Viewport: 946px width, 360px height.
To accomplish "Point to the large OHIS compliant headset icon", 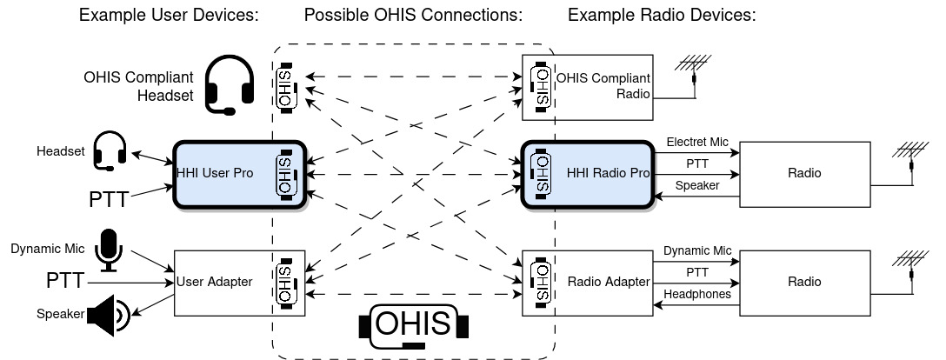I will tap(230, 85).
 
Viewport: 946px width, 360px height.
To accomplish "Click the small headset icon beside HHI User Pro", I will tap(110, 150).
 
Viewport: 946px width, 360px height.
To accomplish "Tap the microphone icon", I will tap(109, 250).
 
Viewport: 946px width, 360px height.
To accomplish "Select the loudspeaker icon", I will tap(109, 316).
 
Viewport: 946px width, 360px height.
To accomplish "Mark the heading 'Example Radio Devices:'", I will tap(662, 16).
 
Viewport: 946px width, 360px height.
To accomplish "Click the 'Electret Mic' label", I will tap(696, 142).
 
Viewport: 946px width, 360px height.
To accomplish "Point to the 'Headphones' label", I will tap(696, 295).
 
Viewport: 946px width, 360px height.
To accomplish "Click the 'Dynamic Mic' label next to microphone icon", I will tap(47, 250).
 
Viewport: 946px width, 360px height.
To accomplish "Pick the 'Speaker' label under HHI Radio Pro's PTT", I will tap(696, 185).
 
